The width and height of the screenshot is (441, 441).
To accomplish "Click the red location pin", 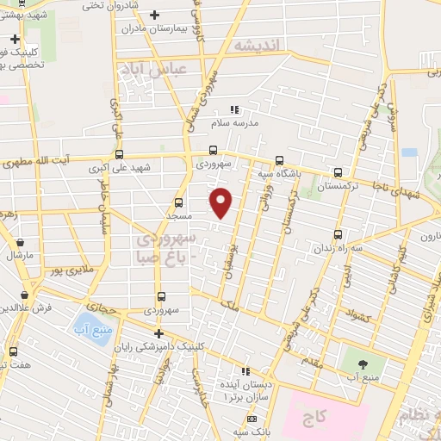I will (x=222, y=202).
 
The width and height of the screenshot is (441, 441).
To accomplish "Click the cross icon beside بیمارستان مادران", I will (x=155, y=16).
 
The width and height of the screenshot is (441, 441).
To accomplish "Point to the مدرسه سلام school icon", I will (x=233, y=109).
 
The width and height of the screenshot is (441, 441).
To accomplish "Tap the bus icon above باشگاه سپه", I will (x=278, y=159).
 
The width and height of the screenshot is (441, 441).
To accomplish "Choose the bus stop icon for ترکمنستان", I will (x=338, y=172).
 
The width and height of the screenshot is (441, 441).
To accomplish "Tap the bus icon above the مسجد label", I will (x=178, y=203).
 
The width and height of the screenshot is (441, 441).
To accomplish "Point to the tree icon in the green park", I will (x=362, y=363).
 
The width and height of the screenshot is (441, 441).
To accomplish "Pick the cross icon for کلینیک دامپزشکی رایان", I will (x=158, y=333).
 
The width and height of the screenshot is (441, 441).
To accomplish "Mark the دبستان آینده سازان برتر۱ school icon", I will (x=245, y=371).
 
